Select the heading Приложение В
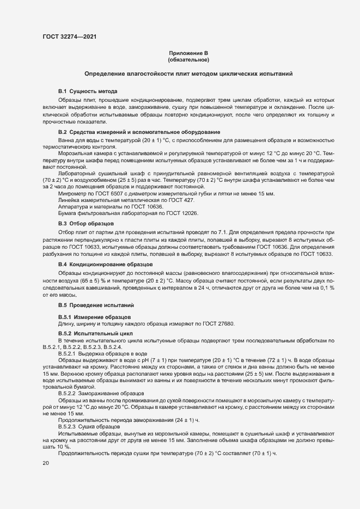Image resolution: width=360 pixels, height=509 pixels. (x=188, y=53)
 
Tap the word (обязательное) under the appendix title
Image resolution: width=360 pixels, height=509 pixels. (x=188, y=59)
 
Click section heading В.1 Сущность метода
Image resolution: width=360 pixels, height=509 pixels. (x=88, y=91)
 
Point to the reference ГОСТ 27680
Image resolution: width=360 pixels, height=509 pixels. (x=217, y=324)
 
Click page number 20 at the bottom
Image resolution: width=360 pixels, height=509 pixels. (x=46, y=463)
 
